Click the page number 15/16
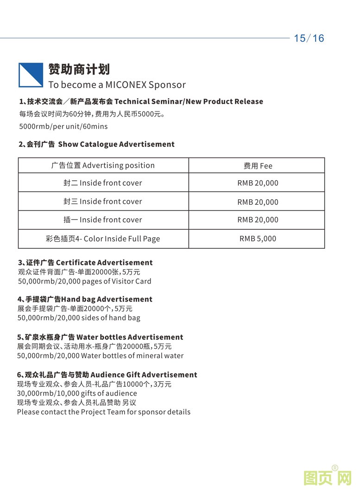point(309,38)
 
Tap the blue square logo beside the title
point(31,75)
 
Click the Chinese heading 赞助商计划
point(79,69)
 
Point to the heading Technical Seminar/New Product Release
point(189,101)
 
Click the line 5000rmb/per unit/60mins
point(63,126)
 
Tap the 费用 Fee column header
point(258,166)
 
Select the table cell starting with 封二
point(103,183)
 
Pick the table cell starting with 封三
point(103,202)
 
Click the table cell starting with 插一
point(103,220)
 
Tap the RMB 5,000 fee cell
point(258,239)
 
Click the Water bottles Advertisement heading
point(130,337)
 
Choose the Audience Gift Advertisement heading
point(144,375)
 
